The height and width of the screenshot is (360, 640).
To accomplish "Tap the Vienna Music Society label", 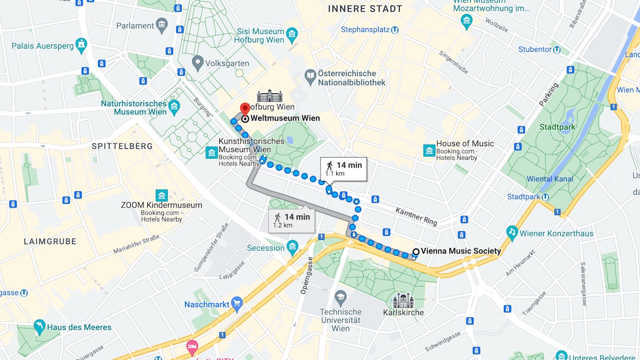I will (x=460, y=251).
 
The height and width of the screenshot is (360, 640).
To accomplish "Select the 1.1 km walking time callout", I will (x=344, y=169).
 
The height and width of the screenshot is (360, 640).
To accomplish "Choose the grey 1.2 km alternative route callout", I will (x=292, y=221).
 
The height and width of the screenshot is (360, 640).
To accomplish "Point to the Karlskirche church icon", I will (x=403, y=300).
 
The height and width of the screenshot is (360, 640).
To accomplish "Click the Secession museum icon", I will (x=292, y=246).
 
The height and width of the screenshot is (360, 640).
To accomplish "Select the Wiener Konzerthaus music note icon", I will (x=512, y=232).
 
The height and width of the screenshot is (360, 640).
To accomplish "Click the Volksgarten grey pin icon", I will (x=197, y=63).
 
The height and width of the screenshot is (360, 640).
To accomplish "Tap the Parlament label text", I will (x=135, y=25).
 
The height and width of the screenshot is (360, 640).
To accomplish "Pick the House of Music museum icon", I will (x=429, y=151).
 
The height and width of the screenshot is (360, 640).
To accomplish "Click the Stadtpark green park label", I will (x=557, y=127).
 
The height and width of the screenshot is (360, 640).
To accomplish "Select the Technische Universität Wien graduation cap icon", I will (x=340, y=297).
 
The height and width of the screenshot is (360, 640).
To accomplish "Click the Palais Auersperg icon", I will (x=81, y=45).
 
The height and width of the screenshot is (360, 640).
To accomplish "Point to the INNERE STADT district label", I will (x=365, y=9).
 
